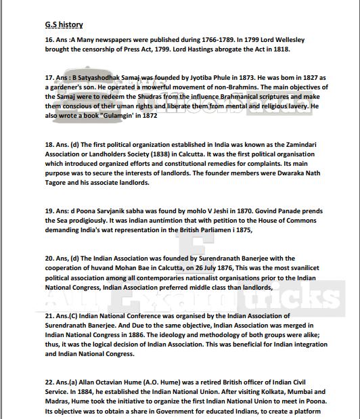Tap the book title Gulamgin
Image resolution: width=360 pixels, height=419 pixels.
tap(122, 116)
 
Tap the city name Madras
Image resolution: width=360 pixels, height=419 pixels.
tap(60, 401)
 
